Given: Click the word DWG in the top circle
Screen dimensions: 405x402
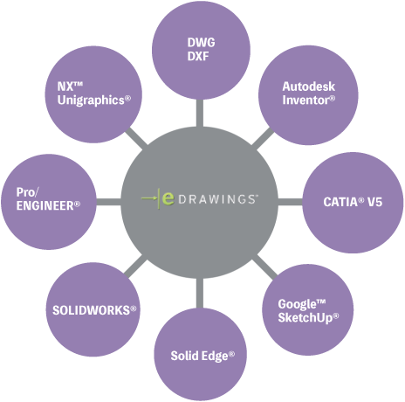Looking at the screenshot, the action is click(201, 43).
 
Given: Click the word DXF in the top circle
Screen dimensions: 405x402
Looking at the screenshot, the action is click(198, 56).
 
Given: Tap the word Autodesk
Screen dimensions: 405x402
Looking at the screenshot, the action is click(308, 87).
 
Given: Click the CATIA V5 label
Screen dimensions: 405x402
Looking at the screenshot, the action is click(353, 202).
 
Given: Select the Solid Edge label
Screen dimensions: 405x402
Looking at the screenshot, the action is click(202, 356).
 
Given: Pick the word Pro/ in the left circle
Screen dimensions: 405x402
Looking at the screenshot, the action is click(27, 192).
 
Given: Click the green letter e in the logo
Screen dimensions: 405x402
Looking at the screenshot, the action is click(168, 198).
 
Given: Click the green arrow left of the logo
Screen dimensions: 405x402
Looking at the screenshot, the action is click(149, 198).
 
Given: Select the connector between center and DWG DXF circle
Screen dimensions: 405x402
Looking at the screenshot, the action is click(200, 113).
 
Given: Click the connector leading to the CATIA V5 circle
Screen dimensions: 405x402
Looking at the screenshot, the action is click(291, 202).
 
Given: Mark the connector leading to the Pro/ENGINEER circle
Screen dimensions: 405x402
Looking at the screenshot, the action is click(108, 202).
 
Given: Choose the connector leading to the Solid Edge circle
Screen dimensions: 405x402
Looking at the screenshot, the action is click(200, 294).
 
